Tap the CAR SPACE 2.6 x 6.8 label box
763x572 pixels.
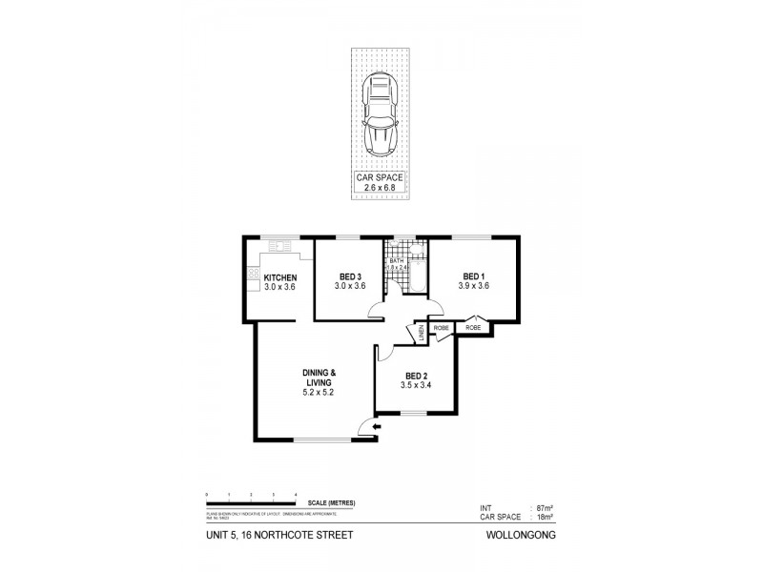(x=381, y=181)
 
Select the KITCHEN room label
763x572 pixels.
(x=279, y=278)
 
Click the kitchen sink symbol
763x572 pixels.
(x=282, y=247)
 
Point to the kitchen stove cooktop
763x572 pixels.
(x=254, y=276)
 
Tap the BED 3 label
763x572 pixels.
(x=349, y=277)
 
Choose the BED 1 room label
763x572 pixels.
(x=474, y=277)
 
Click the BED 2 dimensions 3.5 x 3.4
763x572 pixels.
(x=417, y=385)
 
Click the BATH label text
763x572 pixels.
(x=396, y=260)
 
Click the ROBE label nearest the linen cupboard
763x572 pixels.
(x=442, y=328)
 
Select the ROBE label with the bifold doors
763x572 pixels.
(x=474, y=328)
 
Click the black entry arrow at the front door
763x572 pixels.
(x=377, y=428)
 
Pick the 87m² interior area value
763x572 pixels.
(x=546, y=507)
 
